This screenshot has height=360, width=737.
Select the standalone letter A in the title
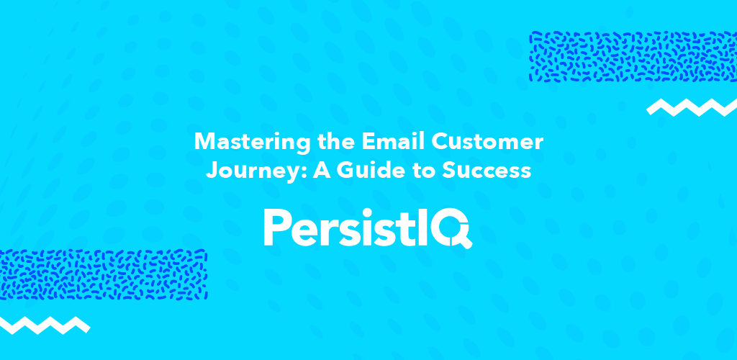(324, 170)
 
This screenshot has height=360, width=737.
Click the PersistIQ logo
(368, 228)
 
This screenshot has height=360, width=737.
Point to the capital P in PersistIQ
(276, 228)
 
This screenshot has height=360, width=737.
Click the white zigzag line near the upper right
(692, 107)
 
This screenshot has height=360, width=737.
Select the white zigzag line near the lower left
(45, 325)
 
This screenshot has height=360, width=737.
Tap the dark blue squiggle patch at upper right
(633, 57)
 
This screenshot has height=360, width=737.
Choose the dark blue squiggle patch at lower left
(104, 274)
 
